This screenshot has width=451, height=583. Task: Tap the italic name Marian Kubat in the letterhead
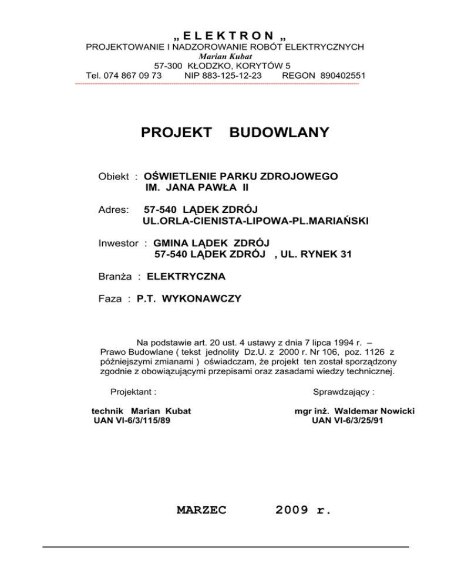(x=225, y=56)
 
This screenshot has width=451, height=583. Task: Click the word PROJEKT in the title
(x=177, y=133)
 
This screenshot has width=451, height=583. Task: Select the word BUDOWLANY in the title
(x=279, y=133)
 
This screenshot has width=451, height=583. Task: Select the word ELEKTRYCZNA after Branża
(x=186, y=276)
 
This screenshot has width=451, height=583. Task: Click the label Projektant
(x=133, y=390)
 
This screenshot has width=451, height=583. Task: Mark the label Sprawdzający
(x=345, y=390)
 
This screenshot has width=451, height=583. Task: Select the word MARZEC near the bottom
(x=201, y=510)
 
